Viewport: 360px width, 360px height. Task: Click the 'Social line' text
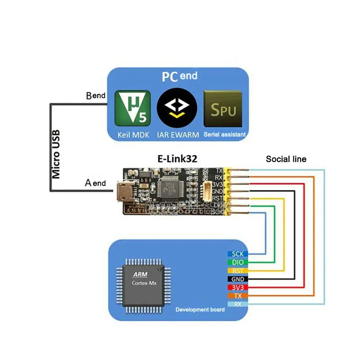pos(286,159)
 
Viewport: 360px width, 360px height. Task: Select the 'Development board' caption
pos(200,310)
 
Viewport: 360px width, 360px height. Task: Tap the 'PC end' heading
pos(179,76)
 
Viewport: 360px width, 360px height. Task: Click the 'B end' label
pos(95,96)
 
